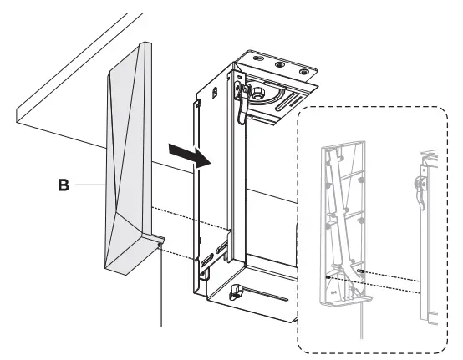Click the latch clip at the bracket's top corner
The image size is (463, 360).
[x=242, y=86]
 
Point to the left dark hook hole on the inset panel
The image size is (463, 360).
[x=328, y=276]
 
